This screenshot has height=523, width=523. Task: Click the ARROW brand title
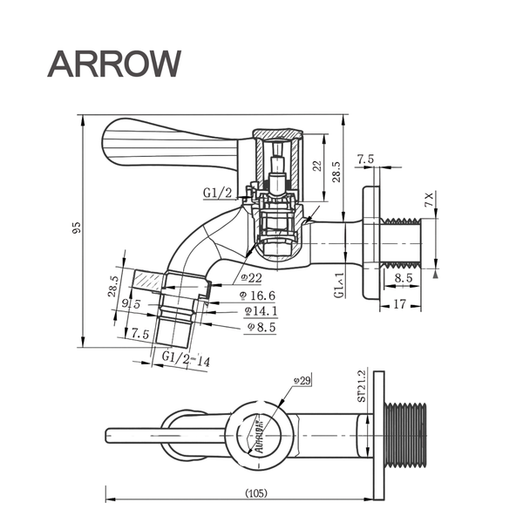click(x=114, y=63)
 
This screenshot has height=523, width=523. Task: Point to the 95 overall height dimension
click(x=77, y=228)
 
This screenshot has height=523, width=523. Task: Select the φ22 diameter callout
click(x=251, y=278)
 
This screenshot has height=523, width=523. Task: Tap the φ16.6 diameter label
click(x=258, y=295)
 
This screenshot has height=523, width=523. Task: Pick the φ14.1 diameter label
click(x=259, y=310)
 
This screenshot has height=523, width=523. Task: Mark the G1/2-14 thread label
click(x=186, y=359)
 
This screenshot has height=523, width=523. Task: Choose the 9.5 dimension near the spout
click(x=132, y=304)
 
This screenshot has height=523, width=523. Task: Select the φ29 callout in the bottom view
click(x=302, y=381)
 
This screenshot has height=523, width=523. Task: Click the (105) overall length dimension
click(x=256, y=493)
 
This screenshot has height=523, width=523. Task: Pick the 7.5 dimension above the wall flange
click(x=365, y=160)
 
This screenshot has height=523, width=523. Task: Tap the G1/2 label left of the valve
click(x=217, y=193)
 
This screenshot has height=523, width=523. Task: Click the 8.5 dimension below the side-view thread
click(x=403, y=278)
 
